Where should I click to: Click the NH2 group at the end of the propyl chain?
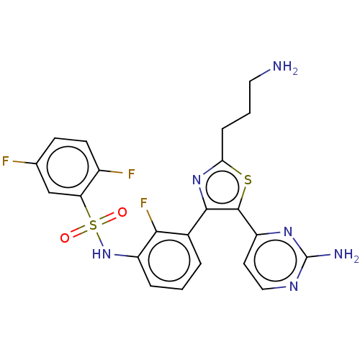285,67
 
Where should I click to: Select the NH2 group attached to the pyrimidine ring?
346,255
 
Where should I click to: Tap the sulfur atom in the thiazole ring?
248,180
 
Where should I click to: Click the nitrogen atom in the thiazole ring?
197,180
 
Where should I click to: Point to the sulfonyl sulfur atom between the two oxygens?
93,225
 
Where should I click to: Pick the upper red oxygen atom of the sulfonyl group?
122,212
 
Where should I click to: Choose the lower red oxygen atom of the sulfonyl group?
65,238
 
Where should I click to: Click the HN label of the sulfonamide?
102,254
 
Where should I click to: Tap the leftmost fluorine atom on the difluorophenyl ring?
6,161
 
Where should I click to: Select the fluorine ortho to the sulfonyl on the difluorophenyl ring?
131,174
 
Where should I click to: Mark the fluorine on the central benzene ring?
143,203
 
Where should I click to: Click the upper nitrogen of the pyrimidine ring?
288,232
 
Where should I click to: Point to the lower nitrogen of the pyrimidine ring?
294,287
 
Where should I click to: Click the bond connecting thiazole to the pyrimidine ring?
248,222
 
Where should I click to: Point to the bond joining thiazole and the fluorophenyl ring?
197,222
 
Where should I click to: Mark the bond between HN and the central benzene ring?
126,256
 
